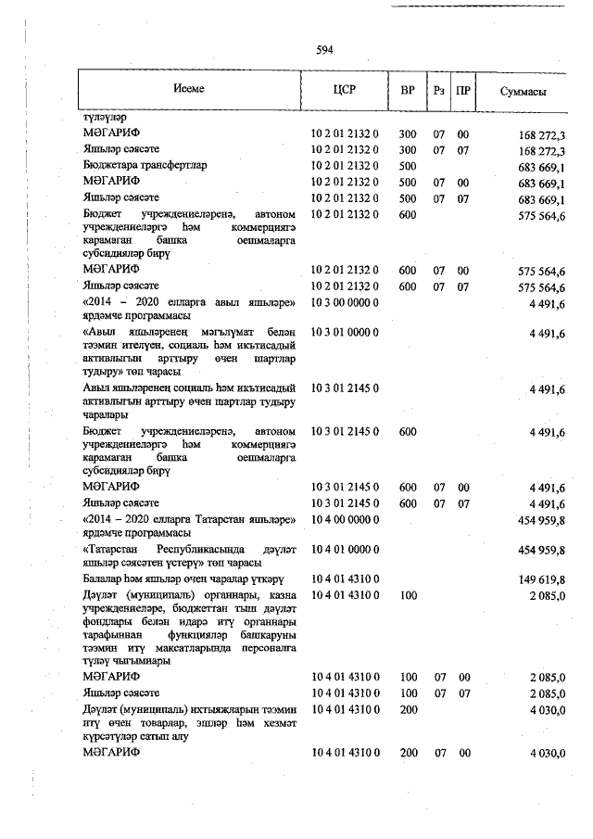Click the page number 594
(324, 50)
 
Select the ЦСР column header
(344, 91)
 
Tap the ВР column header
(407, 91)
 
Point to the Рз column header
(438, 91)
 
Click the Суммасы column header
(523, 92)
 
